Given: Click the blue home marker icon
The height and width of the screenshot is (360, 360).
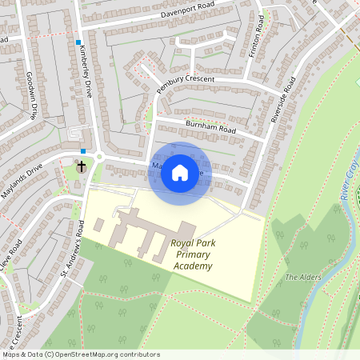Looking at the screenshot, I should [x=180, y=173].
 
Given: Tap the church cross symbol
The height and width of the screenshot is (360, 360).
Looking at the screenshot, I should [x=81, y=167].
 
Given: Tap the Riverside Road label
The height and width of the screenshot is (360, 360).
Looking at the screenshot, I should [x=283, y=99].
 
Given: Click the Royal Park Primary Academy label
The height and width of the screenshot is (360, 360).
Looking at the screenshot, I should [x=192, y=254].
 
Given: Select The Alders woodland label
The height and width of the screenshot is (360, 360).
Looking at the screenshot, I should [x=303, y=277].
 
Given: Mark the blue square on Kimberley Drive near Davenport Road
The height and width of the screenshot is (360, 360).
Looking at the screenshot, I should [x=78, y=41].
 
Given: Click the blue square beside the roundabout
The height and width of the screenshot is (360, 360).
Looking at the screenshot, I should [x=83, y=150].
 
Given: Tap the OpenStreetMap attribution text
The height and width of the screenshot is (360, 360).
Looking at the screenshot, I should [x=80, y=354].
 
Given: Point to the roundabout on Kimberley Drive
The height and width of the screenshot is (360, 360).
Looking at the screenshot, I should [x=100, y=155].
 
